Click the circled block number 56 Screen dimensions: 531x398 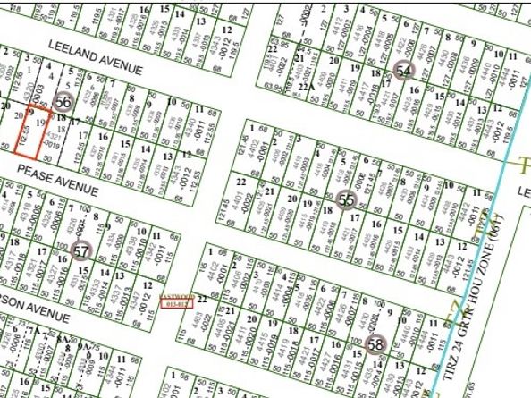click(x=63, y=103)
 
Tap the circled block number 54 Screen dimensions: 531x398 click(x=405, y=71)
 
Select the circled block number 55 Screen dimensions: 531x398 click(x=347, y=200)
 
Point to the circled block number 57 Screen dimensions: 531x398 click(x=81, y=251)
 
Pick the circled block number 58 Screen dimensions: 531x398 click(x=375, y=343)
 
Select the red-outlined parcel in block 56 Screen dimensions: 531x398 click(x=28, y=131)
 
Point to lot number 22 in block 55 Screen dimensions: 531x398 click(x=240, y=179)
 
